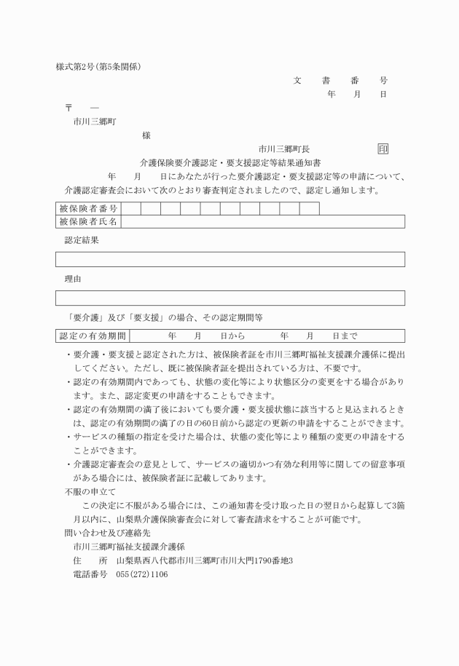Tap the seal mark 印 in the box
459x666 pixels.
383,148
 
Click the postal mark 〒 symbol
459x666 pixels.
69,108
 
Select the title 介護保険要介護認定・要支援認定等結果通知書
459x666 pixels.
231,162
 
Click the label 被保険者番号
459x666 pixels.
88,209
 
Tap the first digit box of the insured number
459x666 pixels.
130,209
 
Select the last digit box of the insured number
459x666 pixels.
309,209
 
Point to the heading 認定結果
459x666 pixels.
82,240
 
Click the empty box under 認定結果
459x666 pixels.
230,259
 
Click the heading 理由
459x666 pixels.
73,279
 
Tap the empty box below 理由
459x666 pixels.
230,298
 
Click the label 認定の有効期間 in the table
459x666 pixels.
93,336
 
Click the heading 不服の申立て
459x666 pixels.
90,492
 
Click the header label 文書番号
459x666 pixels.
340,81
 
